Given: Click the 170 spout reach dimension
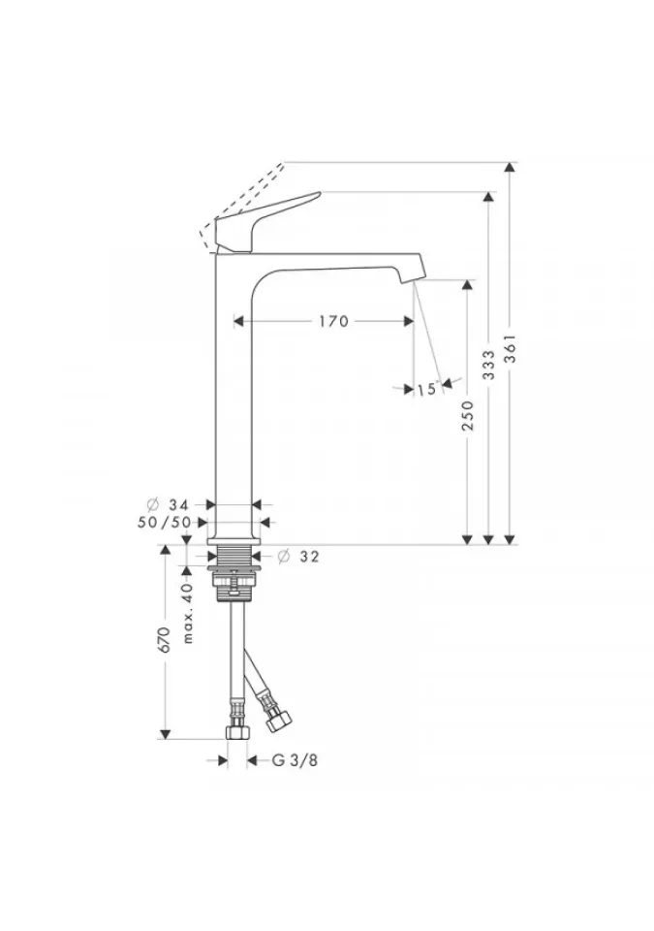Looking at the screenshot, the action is click(x=333, y=321).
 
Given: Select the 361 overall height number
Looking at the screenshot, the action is click(x=511, y=349).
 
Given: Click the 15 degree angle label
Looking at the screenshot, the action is click(x=426, y=390).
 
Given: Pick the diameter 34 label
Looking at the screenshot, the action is click(x=169, y=504).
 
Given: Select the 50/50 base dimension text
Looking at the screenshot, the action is click(x=165, y=523).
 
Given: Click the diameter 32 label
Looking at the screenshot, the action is click(x=298, y=557).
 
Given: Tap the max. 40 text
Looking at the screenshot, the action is click(x=188, y=613).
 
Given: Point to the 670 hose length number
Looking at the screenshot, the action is click(x=166, y=640).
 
